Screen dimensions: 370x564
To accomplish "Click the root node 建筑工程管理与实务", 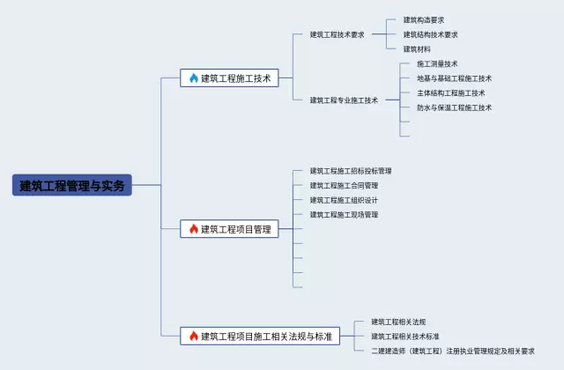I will point(73,185).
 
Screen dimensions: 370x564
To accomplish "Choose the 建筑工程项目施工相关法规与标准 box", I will point(260,336).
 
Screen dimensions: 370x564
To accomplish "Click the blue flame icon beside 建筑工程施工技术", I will point(194,78).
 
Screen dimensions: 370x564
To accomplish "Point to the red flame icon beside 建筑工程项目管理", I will point(194,229).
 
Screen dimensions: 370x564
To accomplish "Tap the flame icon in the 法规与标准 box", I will point(194,336).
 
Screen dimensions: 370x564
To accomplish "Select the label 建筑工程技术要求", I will point(337,35).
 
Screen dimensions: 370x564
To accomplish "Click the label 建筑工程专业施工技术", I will point(344,100).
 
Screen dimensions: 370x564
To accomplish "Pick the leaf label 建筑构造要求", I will point(424,19).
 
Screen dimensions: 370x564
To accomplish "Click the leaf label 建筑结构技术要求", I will point(430,35).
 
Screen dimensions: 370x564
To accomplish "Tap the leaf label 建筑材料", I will point(417,50).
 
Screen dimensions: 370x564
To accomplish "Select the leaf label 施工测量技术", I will point(437,64).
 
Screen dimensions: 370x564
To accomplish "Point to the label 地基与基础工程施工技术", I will point(454,78).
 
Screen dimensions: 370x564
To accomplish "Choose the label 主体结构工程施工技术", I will point(450,93).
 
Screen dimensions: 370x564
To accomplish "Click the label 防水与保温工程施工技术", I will point(454,107).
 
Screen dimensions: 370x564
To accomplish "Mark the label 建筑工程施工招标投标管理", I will point(351,171).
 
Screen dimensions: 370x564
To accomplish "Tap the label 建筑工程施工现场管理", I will point(344,214).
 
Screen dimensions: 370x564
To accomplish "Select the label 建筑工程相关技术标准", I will point(405,336).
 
